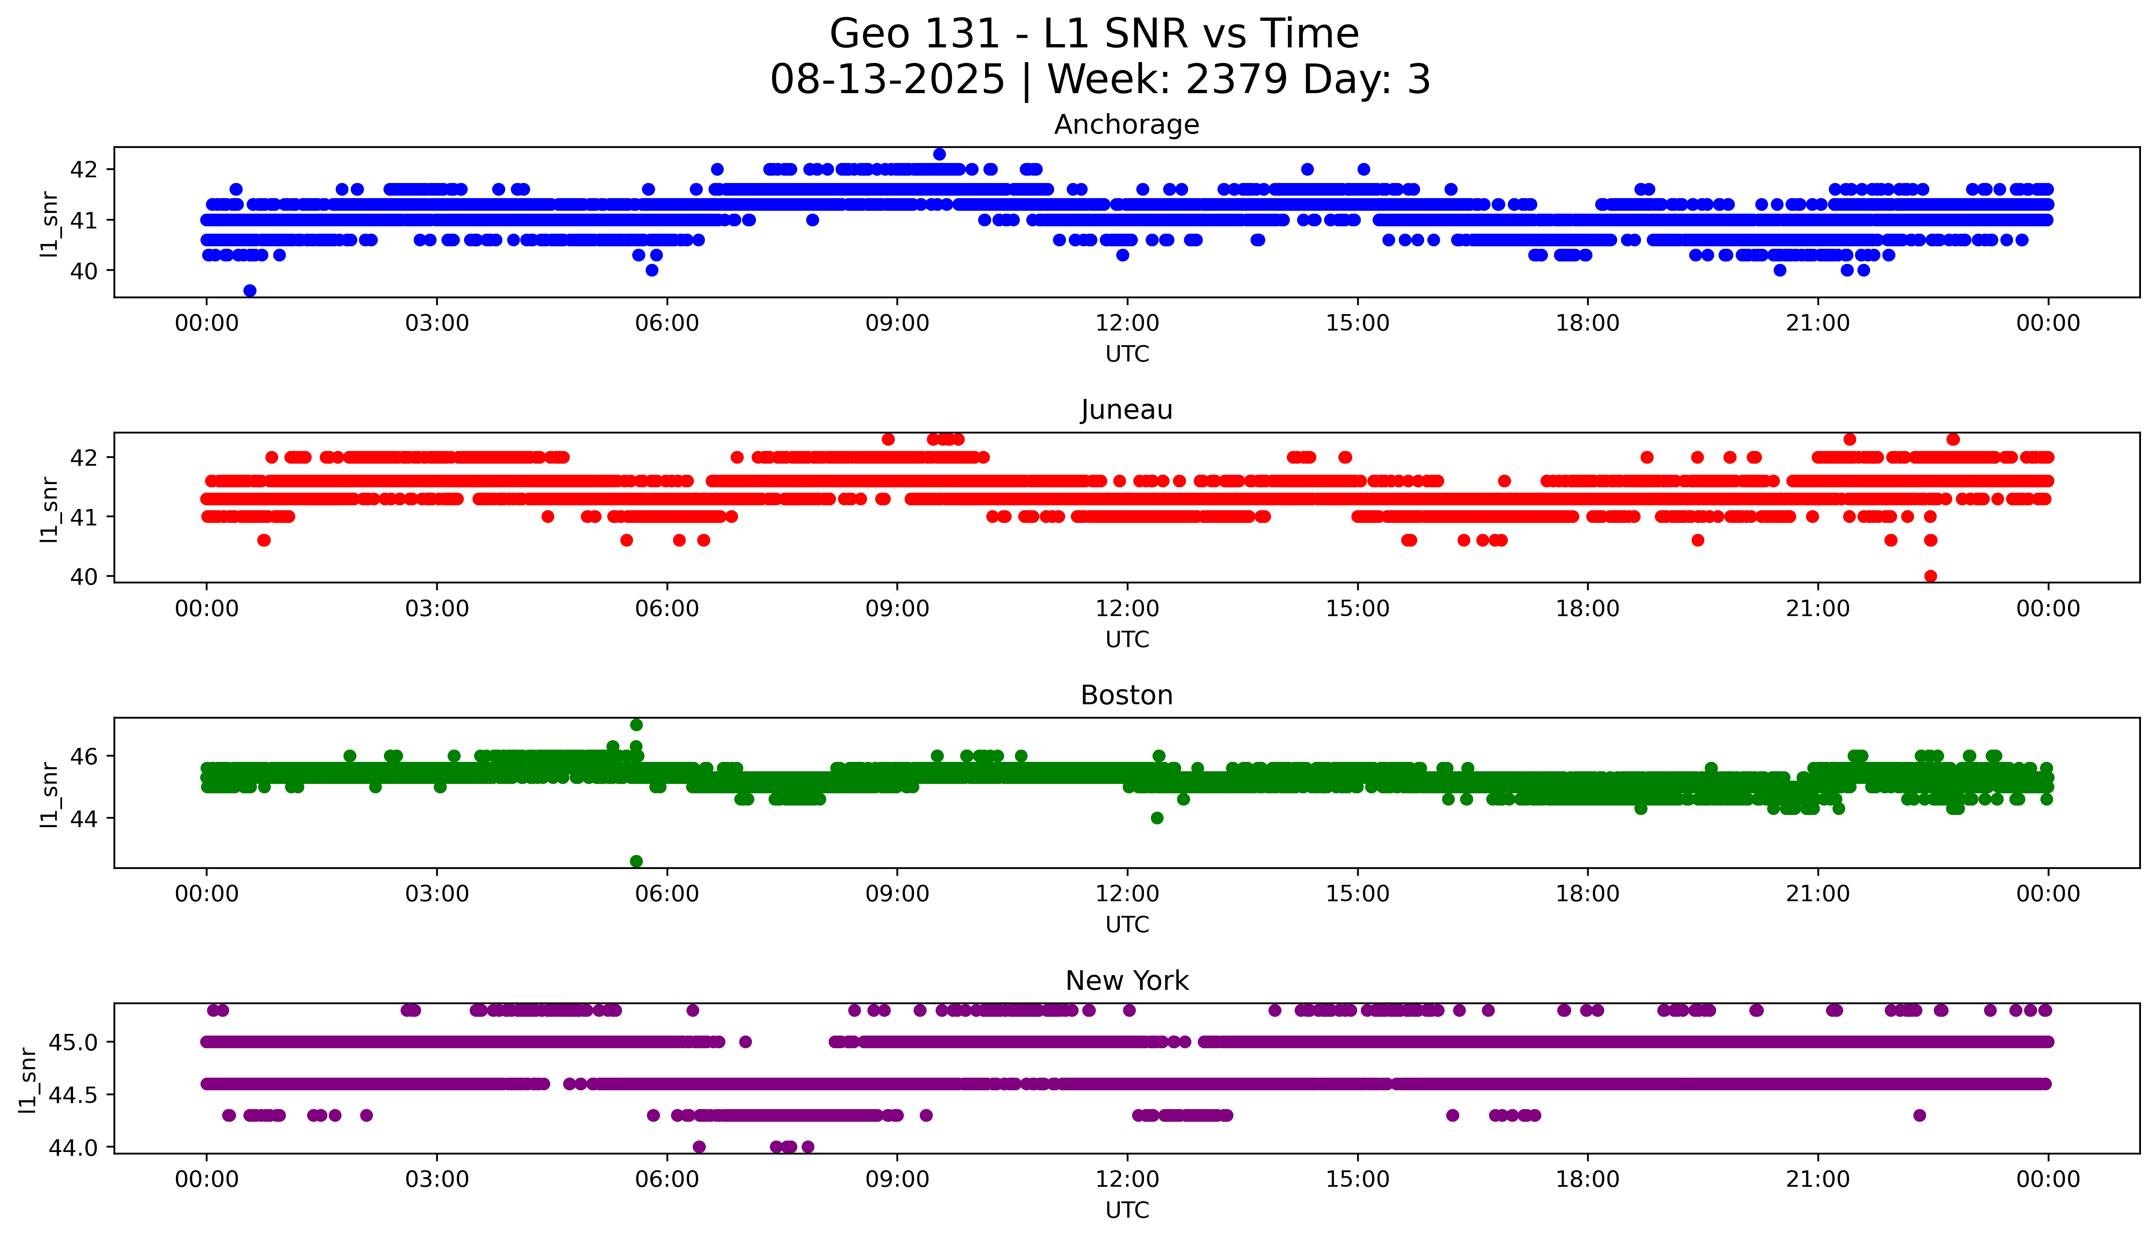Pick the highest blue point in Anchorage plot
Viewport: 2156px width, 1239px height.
coord(939,154)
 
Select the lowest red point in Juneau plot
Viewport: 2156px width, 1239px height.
coord(1931,576)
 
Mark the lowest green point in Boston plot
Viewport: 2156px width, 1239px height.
coord(636,861)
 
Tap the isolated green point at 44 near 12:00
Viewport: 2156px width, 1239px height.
coord(1157,818)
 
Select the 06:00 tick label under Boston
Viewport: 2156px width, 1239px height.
coord(667,893)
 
